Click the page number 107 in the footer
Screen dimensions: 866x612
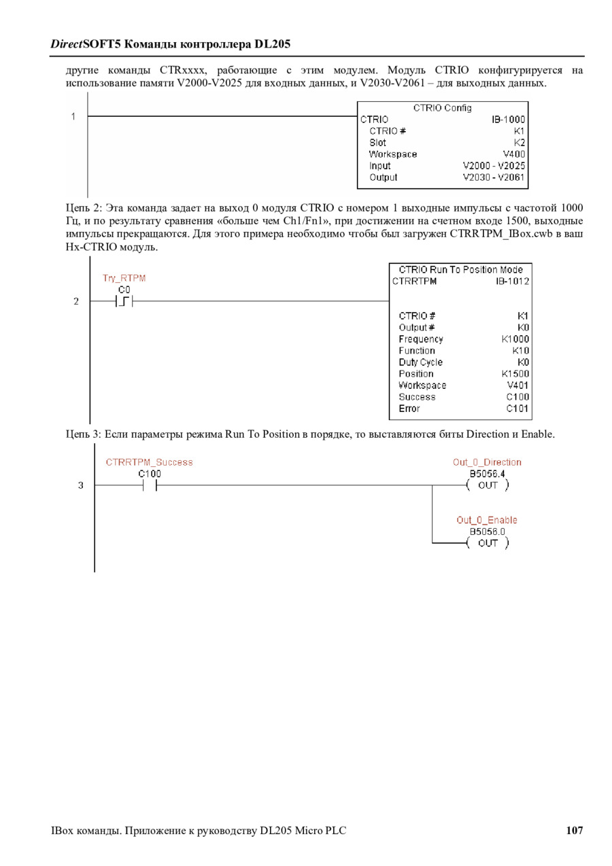point(574,830)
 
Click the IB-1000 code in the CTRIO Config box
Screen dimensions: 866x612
point(508,119)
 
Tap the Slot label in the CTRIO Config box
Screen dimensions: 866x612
point(377,143)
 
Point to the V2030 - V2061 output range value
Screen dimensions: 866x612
point(494,177)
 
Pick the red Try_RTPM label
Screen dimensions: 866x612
point(124,278)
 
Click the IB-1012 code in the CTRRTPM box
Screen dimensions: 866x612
point(513,281)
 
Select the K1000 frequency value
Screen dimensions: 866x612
point(515,339)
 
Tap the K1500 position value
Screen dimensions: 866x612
point(515,374)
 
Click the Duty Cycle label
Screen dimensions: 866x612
point(420,362)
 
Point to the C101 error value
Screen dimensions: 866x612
point(517,409)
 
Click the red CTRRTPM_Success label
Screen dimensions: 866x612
point(149,462)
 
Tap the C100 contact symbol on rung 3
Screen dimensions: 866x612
point(150,485)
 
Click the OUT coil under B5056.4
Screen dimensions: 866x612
point(488,485)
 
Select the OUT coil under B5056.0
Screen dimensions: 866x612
point(488,543)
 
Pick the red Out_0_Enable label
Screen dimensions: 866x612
point(487,520)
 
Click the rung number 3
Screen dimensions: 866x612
point(81,485)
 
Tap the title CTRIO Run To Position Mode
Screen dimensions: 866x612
point(460,270)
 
